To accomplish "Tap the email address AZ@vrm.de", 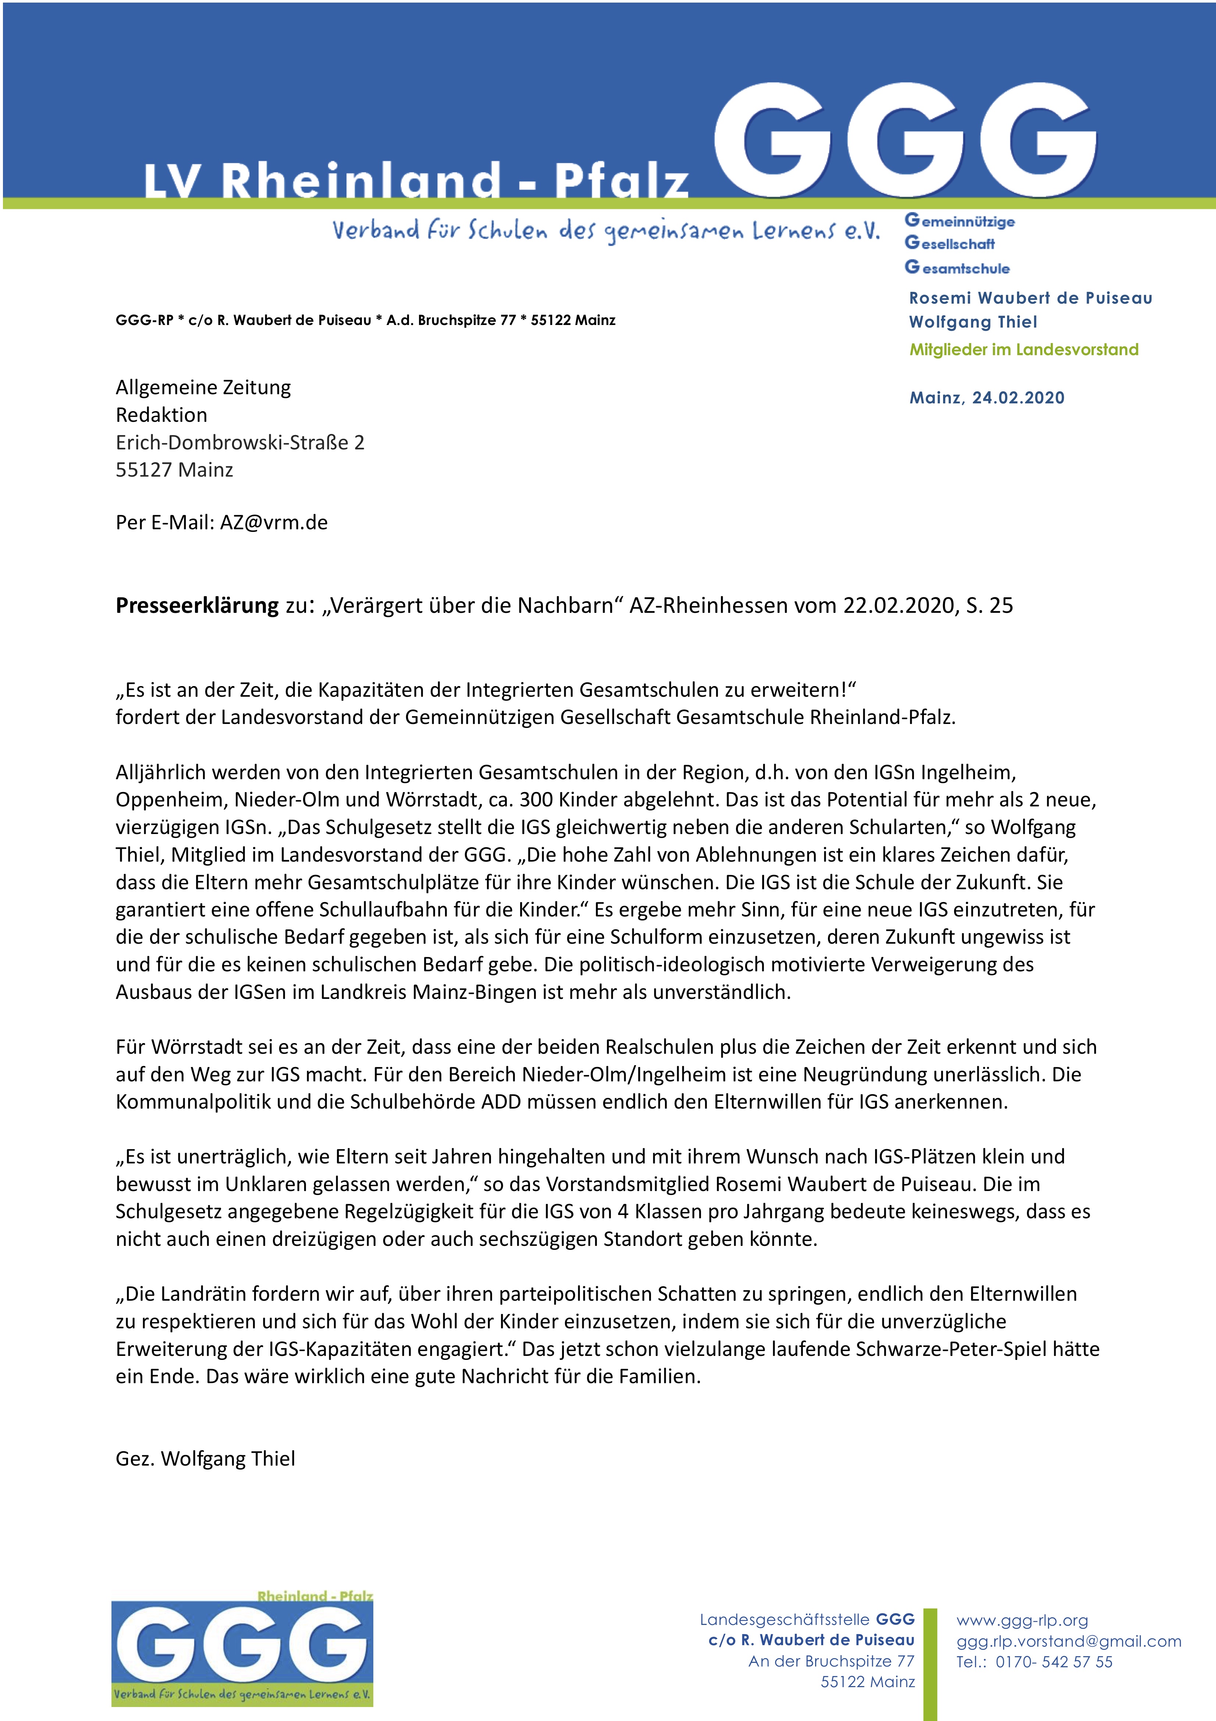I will [x=273, y=523].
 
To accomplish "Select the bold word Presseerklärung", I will [x=197, y=606].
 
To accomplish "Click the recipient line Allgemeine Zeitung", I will [x=203, y=388].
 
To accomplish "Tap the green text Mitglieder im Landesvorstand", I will [x=1023, y=349].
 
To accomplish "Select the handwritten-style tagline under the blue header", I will [x=605, y=231].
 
